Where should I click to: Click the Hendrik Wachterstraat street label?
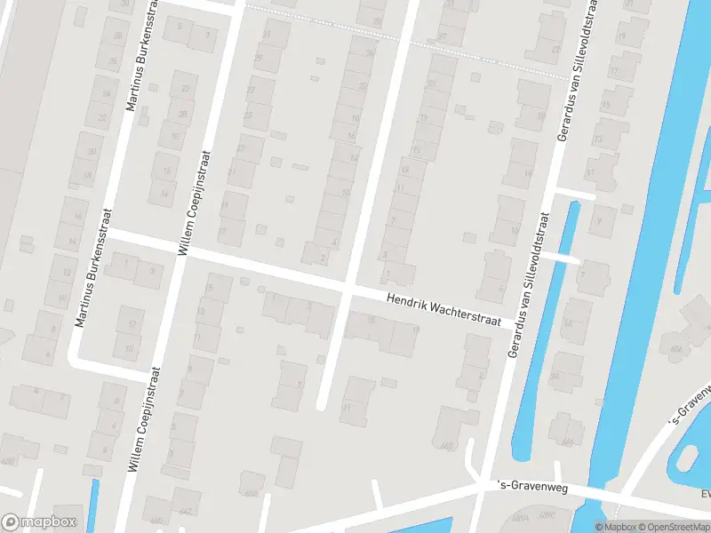[x=443, y=310]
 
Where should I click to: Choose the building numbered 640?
[x=158, y=518]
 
